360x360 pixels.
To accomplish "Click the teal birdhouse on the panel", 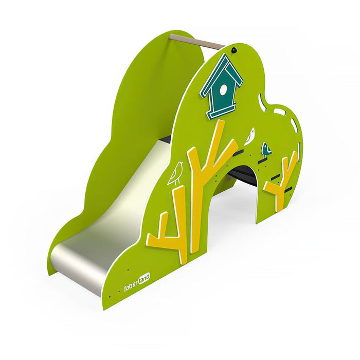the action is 222,86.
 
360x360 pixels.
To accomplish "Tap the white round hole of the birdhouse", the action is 223,89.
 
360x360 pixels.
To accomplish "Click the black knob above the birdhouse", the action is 233,49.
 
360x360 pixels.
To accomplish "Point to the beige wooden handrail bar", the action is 197,42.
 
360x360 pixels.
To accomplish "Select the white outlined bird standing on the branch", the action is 176,173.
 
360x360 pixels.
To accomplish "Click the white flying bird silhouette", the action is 250,136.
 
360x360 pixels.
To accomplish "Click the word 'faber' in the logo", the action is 131,286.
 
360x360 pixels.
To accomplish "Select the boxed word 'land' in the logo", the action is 145,278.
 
